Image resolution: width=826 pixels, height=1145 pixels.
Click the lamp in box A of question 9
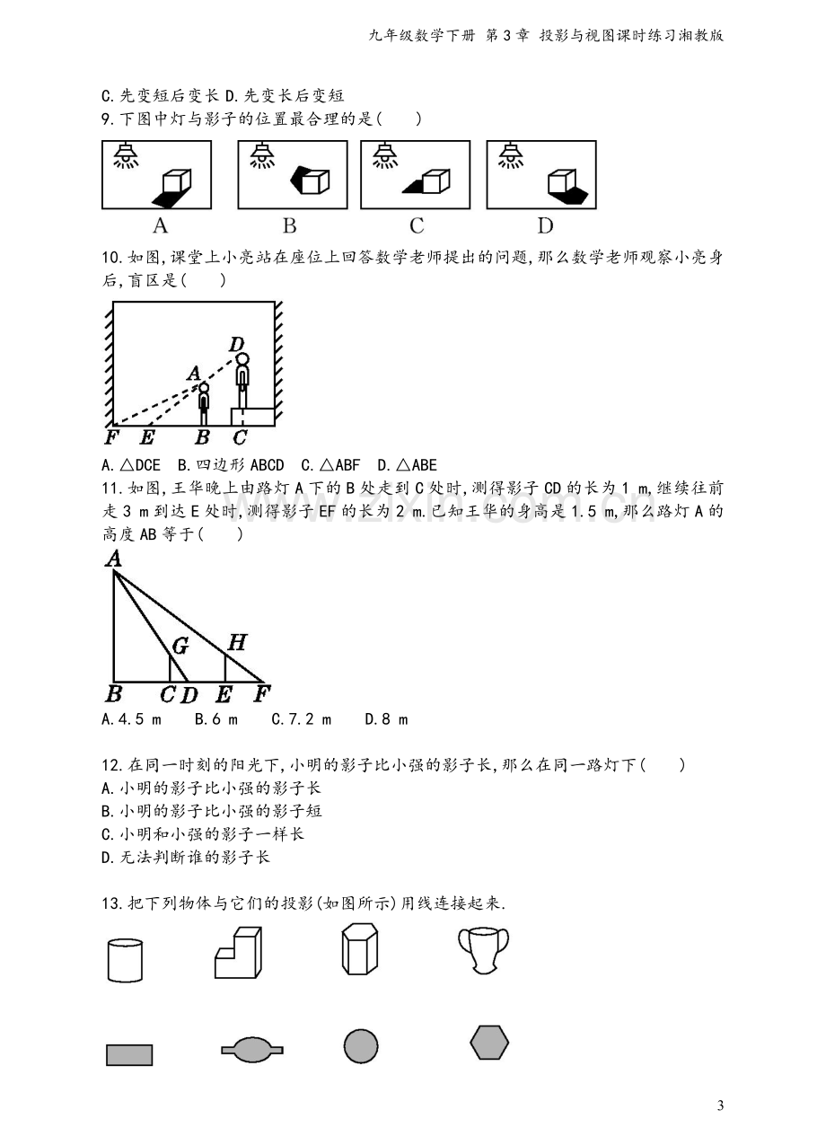tap(126, 155)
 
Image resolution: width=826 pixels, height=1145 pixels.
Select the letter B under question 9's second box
tap(290, 225)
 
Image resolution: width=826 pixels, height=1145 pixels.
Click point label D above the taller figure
tap(237, 344)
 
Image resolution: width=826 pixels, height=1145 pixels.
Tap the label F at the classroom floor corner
tap(111, 437)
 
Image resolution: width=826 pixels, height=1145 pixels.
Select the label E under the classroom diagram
tap(147, 437)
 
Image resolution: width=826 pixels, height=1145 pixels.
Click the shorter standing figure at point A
tap(204, 404)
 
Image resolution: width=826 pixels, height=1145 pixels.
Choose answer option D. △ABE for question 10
tap(408, 465)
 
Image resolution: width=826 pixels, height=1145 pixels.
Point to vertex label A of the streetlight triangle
tap(113, 559)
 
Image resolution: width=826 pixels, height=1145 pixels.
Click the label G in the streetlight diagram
tap(180, 646)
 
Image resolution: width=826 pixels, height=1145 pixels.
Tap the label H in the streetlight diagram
tap(237, 642)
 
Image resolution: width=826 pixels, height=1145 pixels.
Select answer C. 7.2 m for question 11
tap(302, 719)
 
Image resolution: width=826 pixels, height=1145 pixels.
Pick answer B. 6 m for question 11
tap(216, 719)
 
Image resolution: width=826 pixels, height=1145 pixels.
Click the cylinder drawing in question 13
tap(125, 960)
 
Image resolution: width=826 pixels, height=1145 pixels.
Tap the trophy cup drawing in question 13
tap(484, 951)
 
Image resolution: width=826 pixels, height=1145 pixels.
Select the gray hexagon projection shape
tap(489, 1043)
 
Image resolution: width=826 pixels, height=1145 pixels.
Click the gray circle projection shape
tap(361, 1046)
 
